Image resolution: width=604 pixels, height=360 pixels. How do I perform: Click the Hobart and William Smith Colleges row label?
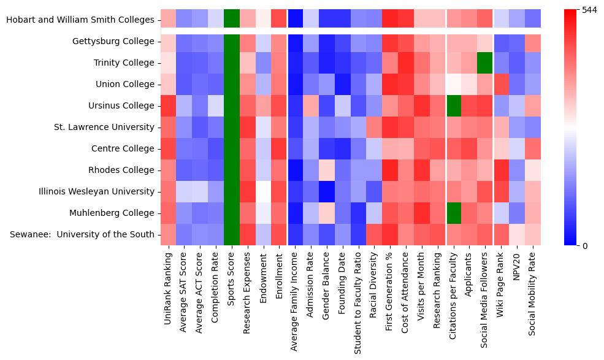(x=80, y=20)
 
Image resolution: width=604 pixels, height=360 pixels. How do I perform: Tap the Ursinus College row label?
(x=122, y=105)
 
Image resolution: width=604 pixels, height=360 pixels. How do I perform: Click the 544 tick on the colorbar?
(x=589, y=10)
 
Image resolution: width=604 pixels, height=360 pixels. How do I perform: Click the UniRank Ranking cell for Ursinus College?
(x=169, y=105)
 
